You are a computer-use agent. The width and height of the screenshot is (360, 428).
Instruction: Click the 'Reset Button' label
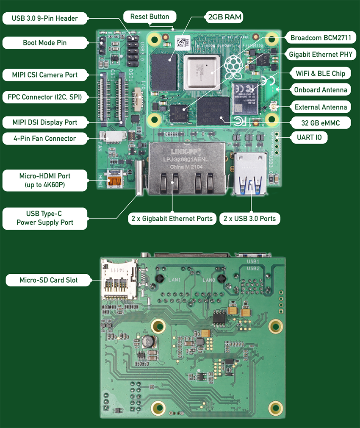click(x=150, y=17)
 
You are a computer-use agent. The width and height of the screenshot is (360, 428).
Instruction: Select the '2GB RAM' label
click(x=224, y=17)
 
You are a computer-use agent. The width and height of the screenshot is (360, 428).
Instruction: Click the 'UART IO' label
click(x=309, y=137)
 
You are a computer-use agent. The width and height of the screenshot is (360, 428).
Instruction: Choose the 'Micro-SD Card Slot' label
click(x=48, y=280)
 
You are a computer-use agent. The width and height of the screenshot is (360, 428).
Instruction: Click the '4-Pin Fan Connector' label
click(x=45, y=139)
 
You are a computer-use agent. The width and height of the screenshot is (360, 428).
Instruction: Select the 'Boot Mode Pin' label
click(x=44, y=43)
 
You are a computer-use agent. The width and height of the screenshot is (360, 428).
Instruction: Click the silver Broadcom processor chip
click(x=202, y=72)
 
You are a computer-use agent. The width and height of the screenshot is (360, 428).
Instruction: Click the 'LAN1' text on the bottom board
click(x=174, y=280)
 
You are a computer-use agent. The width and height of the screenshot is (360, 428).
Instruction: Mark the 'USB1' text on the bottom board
click(x=253, y=262)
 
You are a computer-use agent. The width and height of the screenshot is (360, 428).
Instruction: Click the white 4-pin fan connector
click(x=113, y=136)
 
